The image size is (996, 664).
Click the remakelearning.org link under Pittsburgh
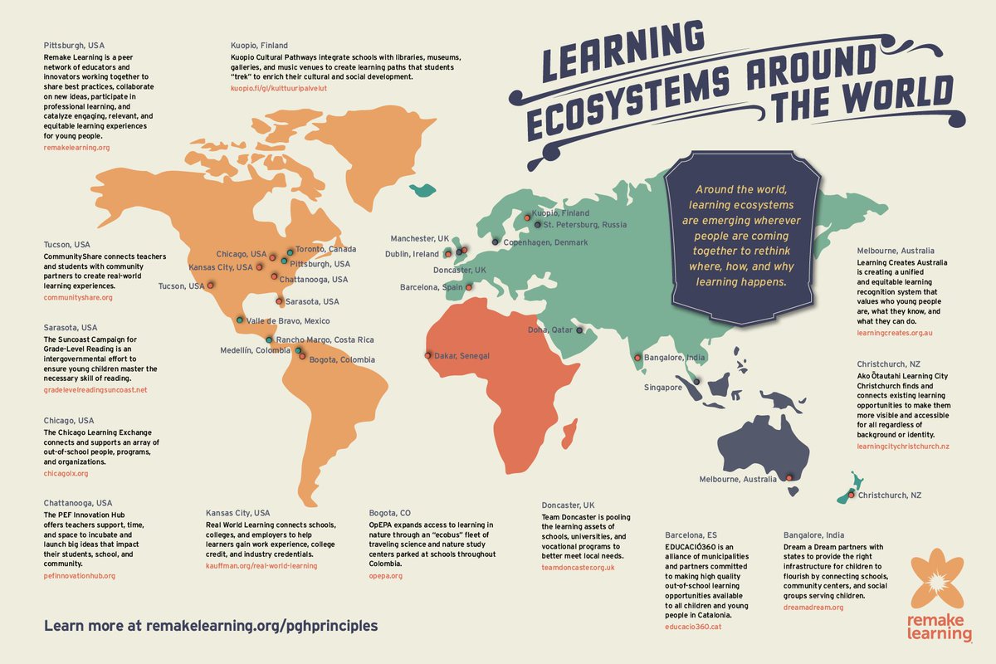[x=77, y=148]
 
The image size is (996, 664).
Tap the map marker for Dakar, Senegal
[x=428, y=355]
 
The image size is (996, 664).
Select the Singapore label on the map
[x=663, y=387]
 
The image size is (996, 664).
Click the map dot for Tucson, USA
[x=211, y=285]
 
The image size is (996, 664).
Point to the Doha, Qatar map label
[x=550, y=330]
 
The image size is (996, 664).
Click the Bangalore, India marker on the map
[x=637, y=358]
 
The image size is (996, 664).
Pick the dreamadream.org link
[x=813, y=608]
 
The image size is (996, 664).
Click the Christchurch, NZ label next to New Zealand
[x=890, y=495]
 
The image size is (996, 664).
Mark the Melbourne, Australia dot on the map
[x=790, y=477]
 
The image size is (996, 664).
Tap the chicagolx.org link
[x=66, y=473]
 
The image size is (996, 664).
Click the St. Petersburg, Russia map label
[x=585, y=225]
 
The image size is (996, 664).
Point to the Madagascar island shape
[x=570, y=432]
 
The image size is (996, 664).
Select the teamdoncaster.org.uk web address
[x=578, y=567]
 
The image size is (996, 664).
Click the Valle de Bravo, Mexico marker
[x=239, y=320]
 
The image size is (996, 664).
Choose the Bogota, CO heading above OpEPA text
[x=389, y=513]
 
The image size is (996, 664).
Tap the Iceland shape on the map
[x=423, y=189]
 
